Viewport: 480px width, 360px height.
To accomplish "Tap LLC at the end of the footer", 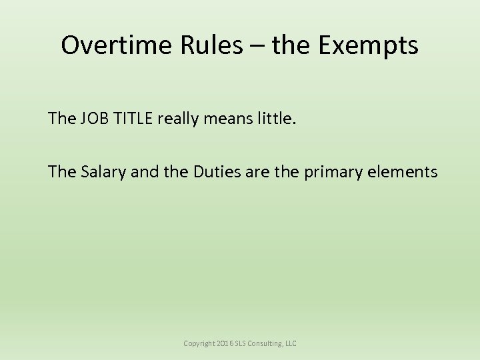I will [291, 343].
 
